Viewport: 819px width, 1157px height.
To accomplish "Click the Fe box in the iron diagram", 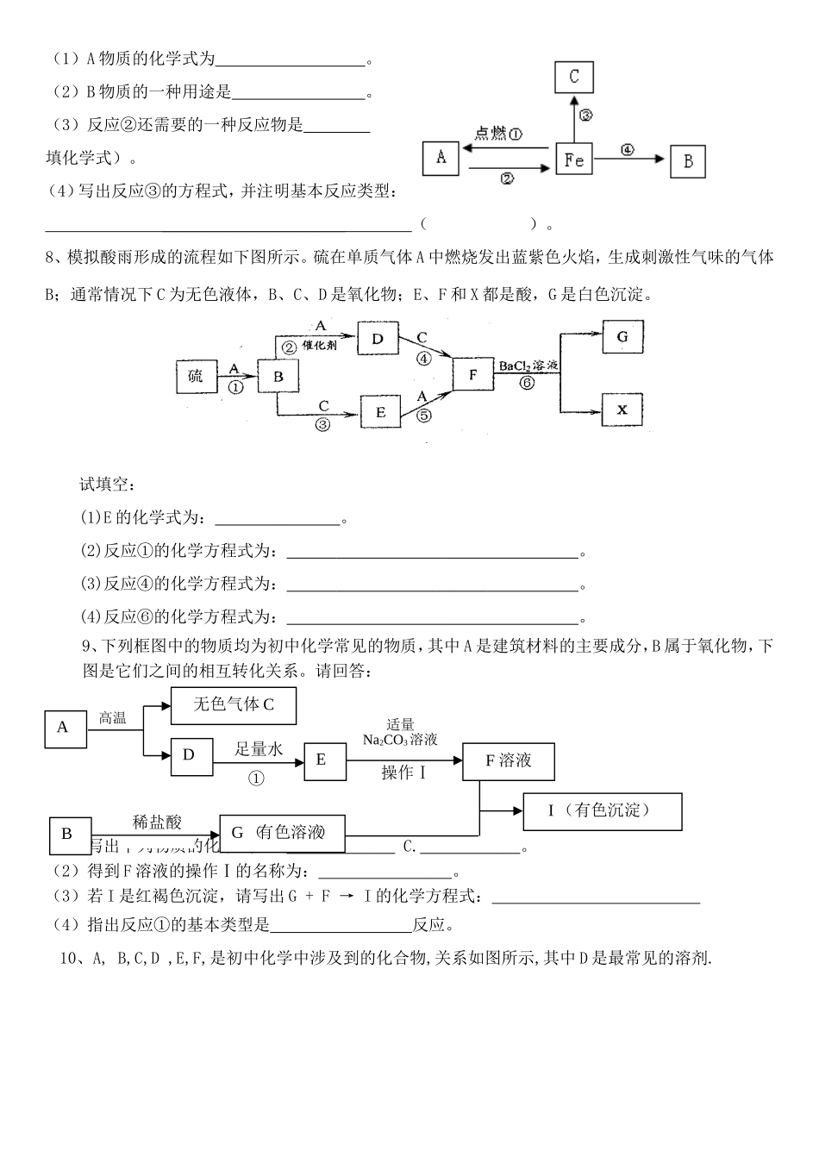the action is tap(573, 159).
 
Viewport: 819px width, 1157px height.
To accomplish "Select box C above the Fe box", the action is tap(574, 77).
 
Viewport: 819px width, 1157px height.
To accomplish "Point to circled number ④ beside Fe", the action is tap(627, 148).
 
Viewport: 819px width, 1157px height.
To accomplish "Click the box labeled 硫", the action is tap(197, 376).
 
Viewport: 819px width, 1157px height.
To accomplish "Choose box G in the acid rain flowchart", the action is tap(622, 337).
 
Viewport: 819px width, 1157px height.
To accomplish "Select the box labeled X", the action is tap(622, 411).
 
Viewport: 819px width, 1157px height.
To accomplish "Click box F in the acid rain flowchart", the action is tap(473, 375).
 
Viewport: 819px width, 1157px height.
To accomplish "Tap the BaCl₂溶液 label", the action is tap(528, 366).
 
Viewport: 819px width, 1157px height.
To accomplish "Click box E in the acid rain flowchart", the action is tap(380, 412).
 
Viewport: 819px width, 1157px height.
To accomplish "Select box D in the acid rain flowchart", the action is tap(377, 339).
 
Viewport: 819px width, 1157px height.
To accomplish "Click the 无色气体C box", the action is tap(234, 705).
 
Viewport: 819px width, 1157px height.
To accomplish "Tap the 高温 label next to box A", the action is tap(113, 717).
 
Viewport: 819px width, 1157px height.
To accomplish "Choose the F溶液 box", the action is tap(509, 760).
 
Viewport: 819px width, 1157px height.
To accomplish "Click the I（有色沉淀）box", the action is tap(602, 811).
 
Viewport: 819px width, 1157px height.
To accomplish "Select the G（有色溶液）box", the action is tap(282, 832).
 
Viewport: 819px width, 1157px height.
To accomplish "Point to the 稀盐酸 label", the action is tap(157, 822).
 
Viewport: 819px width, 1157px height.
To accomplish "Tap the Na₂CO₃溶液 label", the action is tap(400, 740).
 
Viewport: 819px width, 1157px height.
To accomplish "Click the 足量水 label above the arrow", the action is tap(259, 749).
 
